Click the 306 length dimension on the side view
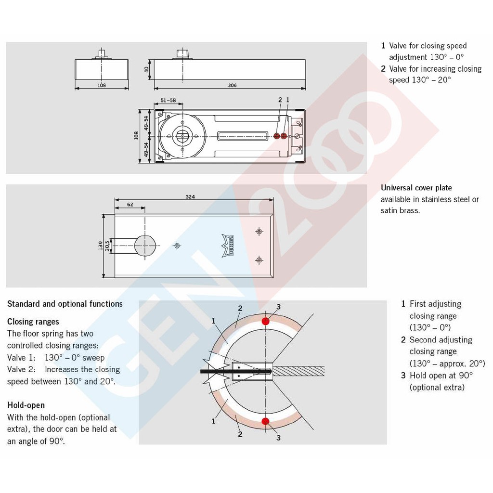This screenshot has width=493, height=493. [232, 85]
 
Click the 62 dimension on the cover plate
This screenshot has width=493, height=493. [130, 205]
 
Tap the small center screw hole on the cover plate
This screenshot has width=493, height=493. [177, 246]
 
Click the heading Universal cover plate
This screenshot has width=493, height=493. [416, 188]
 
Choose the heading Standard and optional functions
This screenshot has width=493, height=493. [65, 304]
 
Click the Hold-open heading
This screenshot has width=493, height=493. [26, 405]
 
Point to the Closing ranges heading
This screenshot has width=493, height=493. [33, 322]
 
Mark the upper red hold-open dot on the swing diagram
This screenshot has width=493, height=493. [265, 321]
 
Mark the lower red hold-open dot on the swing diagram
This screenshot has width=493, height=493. [265, 422]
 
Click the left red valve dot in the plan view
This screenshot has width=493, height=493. [277, 136]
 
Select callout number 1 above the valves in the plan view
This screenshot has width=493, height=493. [287, 100]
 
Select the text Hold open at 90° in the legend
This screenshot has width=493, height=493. [441, 376]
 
